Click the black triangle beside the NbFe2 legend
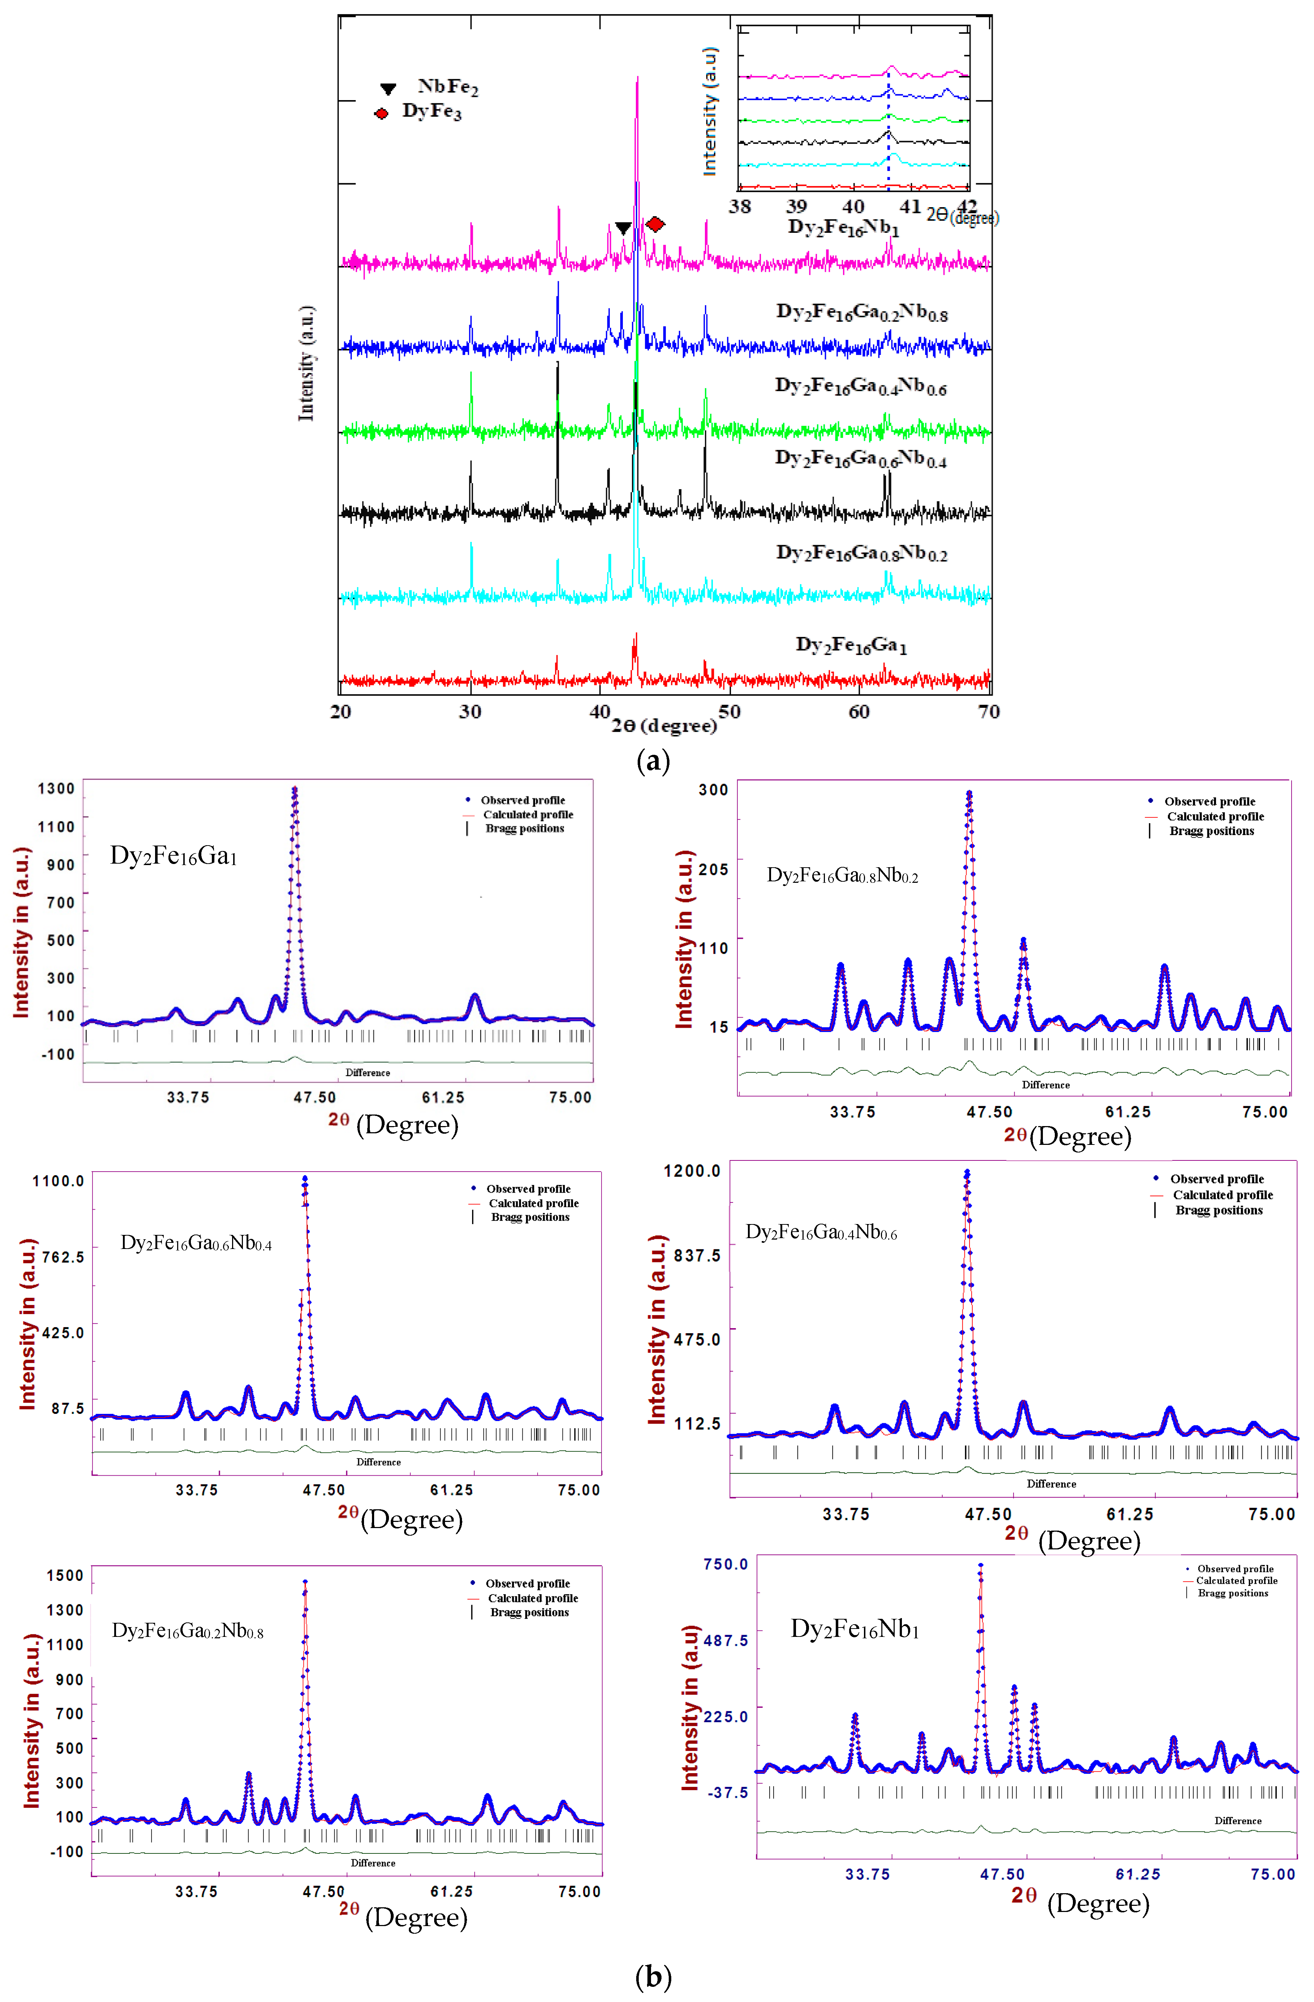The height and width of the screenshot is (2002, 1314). (x=388, y=88)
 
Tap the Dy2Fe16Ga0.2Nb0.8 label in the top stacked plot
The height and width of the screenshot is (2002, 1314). (x=861, y=313)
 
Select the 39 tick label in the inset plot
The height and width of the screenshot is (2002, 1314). (x=796, y=206)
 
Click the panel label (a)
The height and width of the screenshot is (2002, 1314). (x=654, y=761)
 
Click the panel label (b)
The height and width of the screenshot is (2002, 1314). (x=654, y=1976)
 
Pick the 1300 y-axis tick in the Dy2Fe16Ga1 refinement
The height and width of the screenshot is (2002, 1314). (x=56, y=788)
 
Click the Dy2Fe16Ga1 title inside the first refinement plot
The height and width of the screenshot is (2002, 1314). (x=173, y=855)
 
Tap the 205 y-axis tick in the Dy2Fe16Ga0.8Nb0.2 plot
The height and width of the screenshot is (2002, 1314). (x=713, y=869)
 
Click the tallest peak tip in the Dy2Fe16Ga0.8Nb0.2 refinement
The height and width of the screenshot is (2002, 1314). (x=969, y=792)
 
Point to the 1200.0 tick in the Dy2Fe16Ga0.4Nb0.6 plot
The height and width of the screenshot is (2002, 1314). (x=692, y=1171)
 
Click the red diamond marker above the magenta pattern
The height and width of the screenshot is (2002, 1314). (x=655, y=224)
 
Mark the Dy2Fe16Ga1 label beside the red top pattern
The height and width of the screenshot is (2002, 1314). (x=851, y=645)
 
